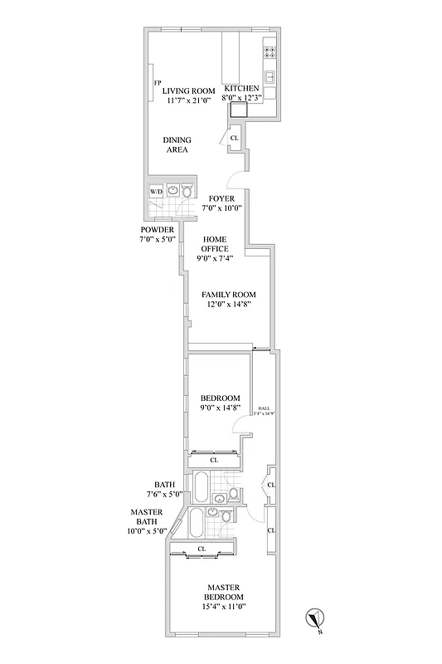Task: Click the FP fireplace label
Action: [x=157, y=82]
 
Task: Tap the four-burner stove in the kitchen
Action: [x=270, y=51]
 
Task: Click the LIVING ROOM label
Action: [x=188, y=90]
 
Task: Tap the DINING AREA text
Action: [x=175, y=144]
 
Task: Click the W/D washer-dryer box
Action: [x=156, y=192]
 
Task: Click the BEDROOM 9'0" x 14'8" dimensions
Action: [x=220, y=408]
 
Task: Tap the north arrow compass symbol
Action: [x=315, y=617]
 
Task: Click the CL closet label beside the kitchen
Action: [x=234, y=138]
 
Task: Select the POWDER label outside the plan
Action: [x=157, y=229]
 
